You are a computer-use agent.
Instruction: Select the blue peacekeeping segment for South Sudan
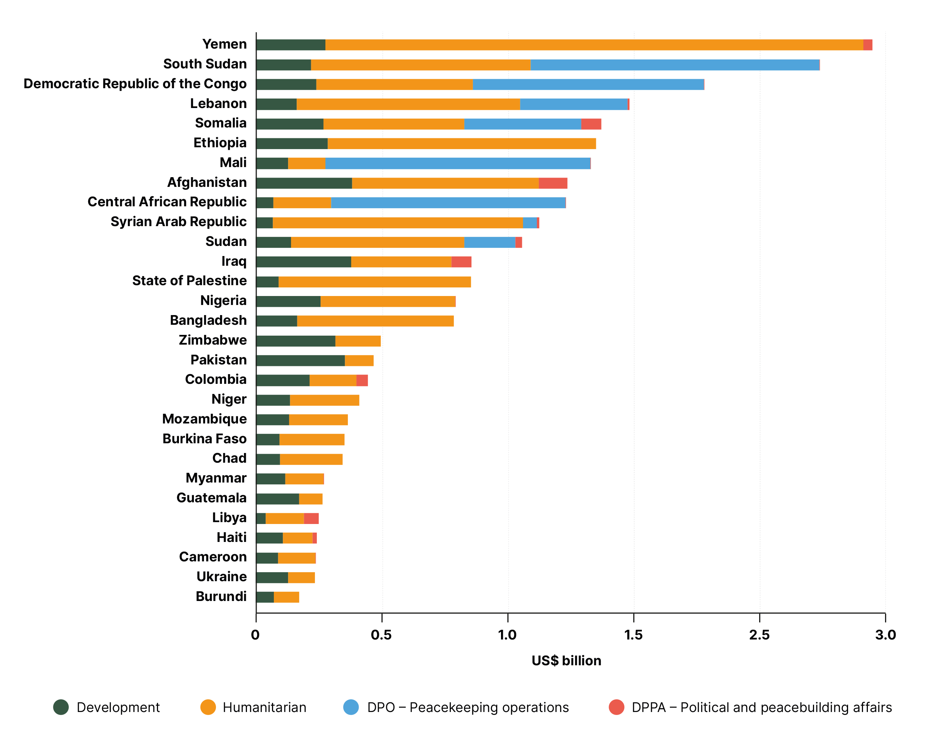tap(674, 65)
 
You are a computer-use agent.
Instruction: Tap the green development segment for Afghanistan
tap(304, 183)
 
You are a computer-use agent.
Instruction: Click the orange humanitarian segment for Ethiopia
tap(461, 144)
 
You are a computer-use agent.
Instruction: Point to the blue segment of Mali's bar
tap(457, 163)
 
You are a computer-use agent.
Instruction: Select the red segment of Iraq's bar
tap(461, 262)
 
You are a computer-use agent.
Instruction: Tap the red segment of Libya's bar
tap(311, 518)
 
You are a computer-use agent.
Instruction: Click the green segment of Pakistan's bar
tap(300, 360)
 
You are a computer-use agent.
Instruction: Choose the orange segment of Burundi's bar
tap(286, 597)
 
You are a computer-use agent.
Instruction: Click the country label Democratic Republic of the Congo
tap(135, 84)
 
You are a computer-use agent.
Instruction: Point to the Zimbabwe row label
tap(212, 340)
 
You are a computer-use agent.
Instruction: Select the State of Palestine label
tap(189, 281)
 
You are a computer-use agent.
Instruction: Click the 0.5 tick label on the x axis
tap(381, 635)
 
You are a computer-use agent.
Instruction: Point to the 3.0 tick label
tap(885, 635)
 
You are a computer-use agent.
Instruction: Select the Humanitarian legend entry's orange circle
tap(208, 707)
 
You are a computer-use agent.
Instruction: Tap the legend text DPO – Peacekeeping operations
tap(467, 708)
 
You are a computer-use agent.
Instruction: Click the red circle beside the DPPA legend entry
tap(616, 707)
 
